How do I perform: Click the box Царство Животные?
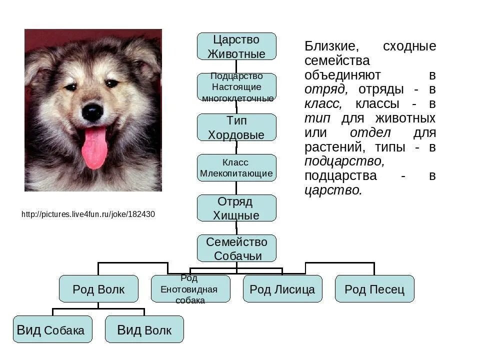(236, 46)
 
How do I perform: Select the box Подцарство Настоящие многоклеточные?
(236, 87)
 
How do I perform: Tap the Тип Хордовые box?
(236, 127)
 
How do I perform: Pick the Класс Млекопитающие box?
(236, 168)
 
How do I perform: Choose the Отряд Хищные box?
(236, 208)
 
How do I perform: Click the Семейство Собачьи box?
(236, 248)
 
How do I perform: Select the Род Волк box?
(98, 289)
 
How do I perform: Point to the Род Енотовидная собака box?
(190, 289)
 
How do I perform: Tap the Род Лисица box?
(282, 289)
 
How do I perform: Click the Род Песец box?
(374, 289)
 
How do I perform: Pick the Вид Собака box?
(52, 329)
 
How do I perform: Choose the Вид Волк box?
(144, 329)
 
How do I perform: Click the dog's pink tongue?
(94, 147)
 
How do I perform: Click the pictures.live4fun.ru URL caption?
(88, 214)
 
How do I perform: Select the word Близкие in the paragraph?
(330, 46)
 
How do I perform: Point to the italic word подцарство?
(344, 161)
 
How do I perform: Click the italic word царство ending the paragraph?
(332, 190)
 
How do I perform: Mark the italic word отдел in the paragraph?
(370, 133)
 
